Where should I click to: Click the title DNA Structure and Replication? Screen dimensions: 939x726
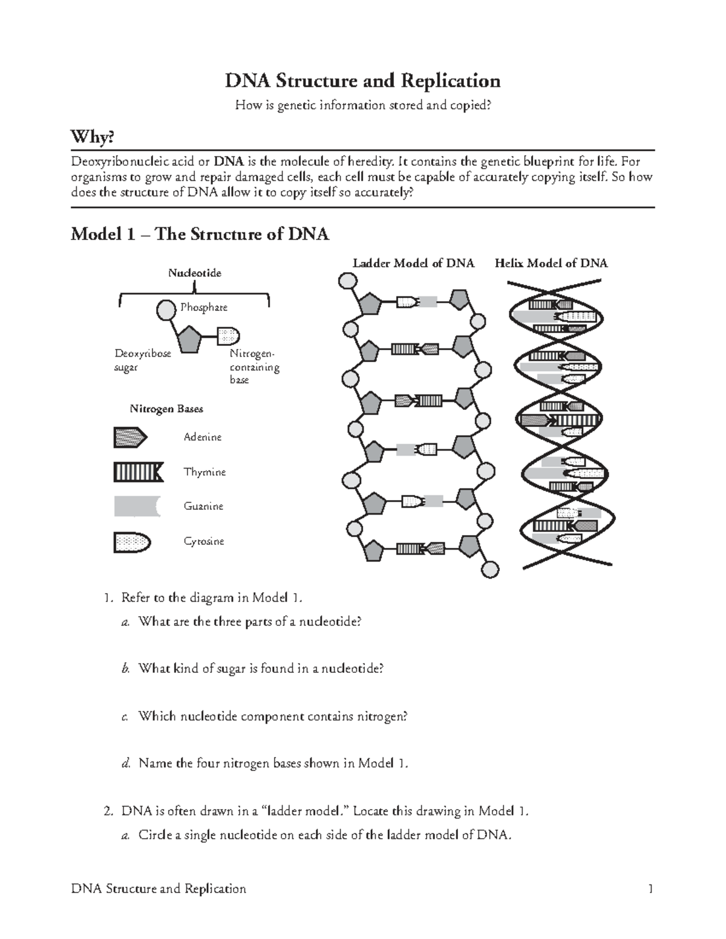tap(362, 80)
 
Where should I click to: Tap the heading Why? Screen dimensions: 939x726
tap(92, 138)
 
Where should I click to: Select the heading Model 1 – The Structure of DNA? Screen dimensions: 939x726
tap(200, 234)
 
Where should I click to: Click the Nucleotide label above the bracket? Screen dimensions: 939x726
tap(194, 273)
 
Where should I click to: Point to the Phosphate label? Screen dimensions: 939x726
tap(204, 307)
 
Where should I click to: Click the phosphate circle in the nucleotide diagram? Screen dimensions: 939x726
tap(166, 310)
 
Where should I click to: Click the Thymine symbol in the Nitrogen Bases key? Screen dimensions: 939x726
tap(138, 472)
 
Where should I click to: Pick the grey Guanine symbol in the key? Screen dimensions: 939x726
tap(137, 506)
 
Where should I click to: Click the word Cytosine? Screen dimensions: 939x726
tap(204, 541)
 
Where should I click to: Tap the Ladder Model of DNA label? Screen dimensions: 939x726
tap(413, 263)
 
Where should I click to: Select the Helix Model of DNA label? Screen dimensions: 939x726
tap(551, 263)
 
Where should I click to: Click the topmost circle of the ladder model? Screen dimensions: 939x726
tap(347, 281)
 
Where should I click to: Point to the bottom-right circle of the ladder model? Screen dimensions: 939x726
tap(489, 570)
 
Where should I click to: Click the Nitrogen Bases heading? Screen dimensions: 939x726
tap(166, 409)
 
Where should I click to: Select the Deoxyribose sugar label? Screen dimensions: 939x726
tap(143, 360)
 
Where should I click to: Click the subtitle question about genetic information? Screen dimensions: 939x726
tap(362, 106)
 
